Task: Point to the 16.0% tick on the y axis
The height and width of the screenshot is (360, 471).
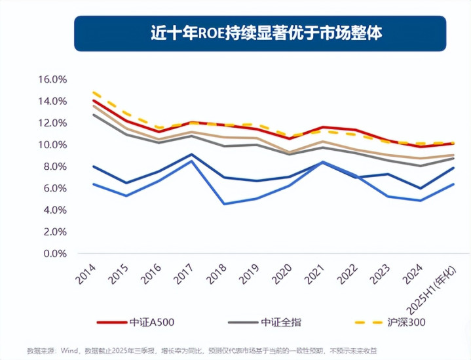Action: coord(53,79)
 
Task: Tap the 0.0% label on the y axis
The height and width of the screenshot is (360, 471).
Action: coord(56,254)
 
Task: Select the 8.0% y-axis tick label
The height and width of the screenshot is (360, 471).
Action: coord(56,167)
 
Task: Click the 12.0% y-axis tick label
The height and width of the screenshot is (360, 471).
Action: coord(53,123)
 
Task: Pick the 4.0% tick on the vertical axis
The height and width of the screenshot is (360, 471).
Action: coord(56,210)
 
